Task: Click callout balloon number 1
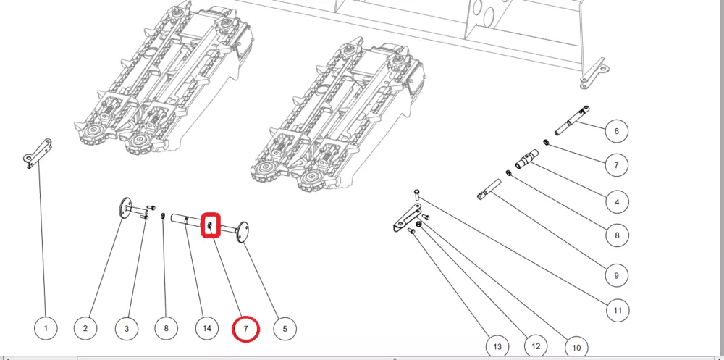coord(46,329)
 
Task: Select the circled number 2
coord(85,329)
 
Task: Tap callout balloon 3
coord(127,329)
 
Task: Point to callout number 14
coord(207,328)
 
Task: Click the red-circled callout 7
coord(245,329)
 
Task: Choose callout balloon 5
coord(285,329)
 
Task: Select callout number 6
coord(616,131)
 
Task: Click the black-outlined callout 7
coord(616,165)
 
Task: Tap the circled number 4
coord(618,201)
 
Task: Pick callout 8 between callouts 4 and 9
coord(618,235)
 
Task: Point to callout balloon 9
coord(616,276)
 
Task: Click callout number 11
coord(618,310)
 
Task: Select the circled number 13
coord(497,346)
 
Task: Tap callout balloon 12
coord(536,346)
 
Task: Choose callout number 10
coord(576,348)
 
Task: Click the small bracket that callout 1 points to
coord(38,153)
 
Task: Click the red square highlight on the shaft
coord(211,225)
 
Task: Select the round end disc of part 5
coord(242,231)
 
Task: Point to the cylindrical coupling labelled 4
coord(527,159)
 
